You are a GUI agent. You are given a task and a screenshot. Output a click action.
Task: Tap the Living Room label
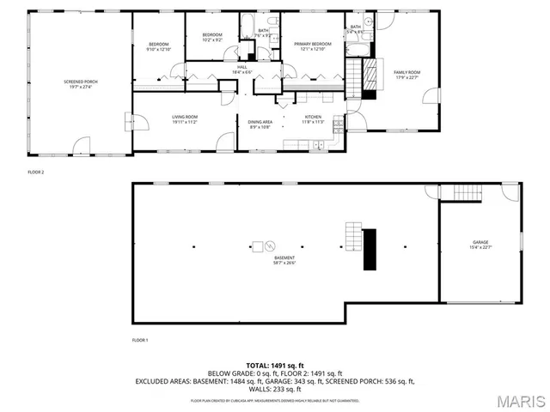[184, 120]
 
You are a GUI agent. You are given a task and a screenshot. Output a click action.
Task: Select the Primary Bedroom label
[313, 45]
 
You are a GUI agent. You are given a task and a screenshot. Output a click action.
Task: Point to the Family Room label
[406, 75]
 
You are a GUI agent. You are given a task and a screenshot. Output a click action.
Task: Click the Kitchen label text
[312, 119]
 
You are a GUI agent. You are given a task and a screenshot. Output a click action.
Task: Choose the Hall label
[241, 70]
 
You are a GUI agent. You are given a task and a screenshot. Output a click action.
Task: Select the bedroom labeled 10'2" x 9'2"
[212, 38]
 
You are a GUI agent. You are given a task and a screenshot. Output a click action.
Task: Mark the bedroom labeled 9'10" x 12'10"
[159, 47]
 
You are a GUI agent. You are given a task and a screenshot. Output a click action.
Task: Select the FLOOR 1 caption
[140, 341]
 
